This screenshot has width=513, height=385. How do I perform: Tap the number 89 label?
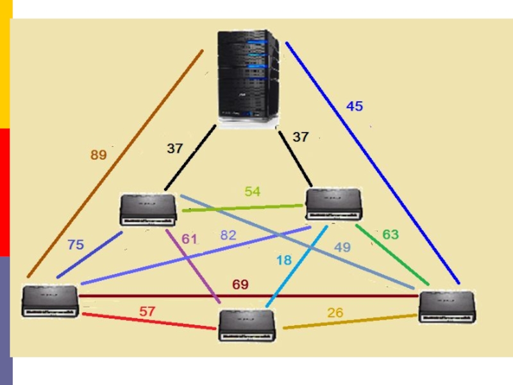(x=99, y=155)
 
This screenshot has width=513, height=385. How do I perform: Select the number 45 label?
(x=355, y=106)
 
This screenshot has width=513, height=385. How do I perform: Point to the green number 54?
(x=253, y=191)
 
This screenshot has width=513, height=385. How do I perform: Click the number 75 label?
(x=76, y=244)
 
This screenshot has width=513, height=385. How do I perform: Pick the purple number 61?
(x=189, y=239)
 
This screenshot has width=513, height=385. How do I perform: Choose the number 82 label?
(x=228, y=235)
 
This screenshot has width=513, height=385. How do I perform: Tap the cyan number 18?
(x=284, y=261)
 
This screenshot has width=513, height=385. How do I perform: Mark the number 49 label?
(x=342, y=247)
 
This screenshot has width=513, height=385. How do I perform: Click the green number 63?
(x=391, y=234)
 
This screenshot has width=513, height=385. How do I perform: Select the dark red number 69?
(x=240, y=284)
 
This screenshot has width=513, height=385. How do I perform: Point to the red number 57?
(x=147, y=311)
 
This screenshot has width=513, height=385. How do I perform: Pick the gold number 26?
(x=335, y=312)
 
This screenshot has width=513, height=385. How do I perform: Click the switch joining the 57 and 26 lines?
(x=247, y=326)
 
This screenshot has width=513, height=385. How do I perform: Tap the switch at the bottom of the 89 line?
(x=50, y=301)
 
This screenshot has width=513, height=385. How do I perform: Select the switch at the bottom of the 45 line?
(x=447, y=307)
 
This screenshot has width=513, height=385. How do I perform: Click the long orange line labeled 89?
(x=115, y=164)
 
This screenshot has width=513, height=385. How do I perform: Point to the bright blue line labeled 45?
(x=373, y=163)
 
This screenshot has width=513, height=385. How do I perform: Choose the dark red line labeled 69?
(x=249, y=296)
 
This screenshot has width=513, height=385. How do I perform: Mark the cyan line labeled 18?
(x=297, y=266)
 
